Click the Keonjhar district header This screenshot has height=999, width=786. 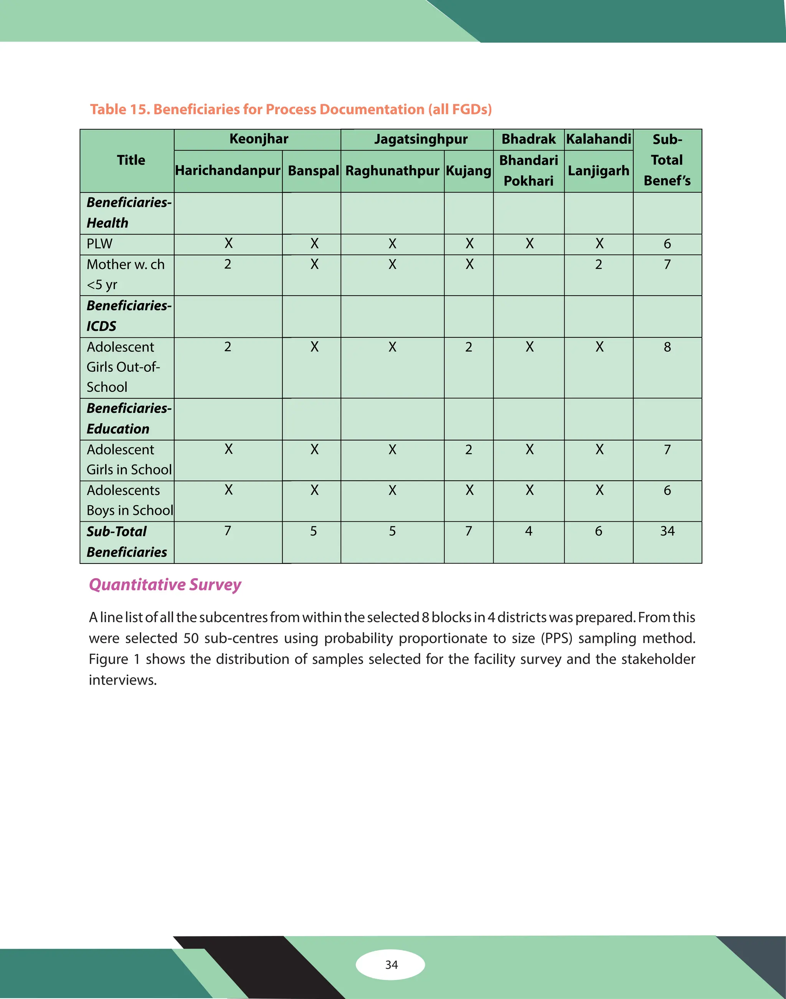[x=259, y=139]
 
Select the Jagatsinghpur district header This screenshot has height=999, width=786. [x=421, y=139]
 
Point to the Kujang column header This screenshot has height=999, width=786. [x=469, y=171]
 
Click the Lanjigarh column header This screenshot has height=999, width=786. [x=598, y=171]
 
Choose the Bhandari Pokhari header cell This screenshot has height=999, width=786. [x=528, y=171]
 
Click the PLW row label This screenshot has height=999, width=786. [x=99, y=244]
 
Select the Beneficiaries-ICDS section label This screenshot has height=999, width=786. [x=129, y=316]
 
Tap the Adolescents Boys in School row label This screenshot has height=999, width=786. [x=129, y=500]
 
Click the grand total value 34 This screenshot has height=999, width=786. [x=667, y=531]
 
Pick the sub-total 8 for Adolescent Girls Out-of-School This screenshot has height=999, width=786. [x=667, y=347]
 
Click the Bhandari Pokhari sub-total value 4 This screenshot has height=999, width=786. [x=528, y=531]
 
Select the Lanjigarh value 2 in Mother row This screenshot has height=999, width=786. [x=598, y=265]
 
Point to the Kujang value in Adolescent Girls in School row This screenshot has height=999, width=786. [x=469, y=450]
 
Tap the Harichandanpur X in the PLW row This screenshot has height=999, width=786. [x=228, y=244]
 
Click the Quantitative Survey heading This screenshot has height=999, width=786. [x=165, y=584]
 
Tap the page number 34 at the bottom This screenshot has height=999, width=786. [x=391, y=964]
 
